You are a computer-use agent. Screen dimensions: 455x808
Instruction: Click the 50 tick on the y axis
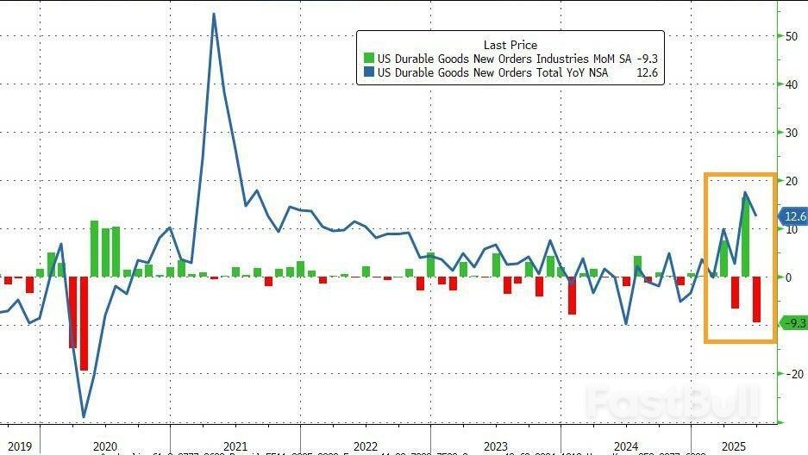(x=790, y=36)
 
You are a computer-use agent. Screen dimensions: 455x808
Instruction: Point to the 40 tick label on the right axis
(x=790, y=84)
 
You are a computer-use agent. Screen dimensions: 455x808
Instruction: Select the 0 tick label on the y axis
(x=786, y=277)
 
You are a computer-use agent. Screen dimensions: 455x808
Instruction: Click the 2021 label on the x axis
(x=235, y=446)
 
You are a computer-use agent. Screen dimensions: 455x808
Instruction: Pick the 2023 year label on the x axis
(x=495, y=446)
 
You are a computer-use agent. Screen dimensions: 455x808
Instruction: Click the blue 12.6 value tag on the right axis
(x=792, y=216)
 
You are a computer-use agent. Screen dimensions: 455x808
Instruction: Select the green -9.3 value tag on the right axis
(x=792, y=323)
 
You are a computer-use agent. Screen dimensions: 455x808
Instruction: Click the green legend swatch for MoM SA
(x=369, y=59)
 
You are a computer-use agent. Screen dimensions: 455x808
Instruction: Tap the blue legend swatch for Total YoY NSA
(x=369, y=74)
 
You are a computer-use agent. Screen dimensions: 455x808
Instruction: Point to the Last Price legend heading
(x=510, y=45)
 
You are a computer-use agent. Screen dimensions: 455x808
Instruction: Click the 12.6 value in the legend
(x=647, y=74)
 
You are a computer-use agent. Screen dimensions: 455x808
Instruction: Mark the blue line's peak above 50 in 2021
(x=213, y=14)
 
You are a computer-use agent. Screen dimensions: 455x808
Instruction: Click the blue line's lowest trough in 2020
(x=84, y=417)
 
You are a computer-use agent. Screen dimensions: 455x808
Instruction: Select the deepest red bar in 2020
(x=84, y=323)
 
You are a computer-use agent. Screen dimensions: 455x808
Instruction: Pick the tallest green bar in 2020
(x=95, y=248)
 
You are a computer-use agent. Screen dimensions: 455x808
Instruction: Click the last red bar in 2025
(x=756, y=299)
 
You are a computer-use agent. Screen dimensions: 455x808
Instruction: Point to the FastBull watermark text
(x=673, y=402)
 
